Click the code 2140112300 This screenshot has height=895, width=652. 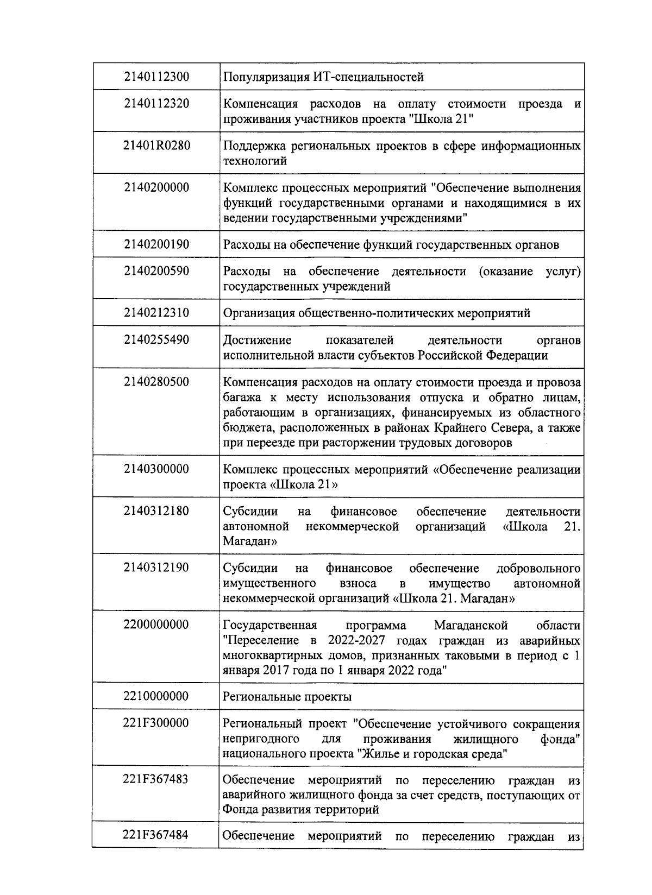[x=156, y=77]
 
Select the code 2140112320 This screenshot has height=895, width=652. [x=156, y=103]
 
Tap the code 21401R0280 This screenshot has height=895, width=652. [x=156, y=146]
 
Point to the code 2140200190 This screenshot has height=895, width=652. [x=156, y=244]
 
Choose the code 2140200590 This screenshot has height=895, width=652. [x=156, y=271]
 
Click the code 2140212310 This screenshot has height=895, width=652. [x=156, y=313]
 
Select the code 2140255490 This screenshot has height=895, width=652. [x=156, y=340]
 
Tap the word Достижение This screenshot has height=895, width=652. [x=257, y=341]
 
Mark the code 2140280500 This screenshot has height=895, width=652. [x=156, y=382]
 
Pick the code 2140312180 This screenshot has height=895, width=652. [x=156, y=511]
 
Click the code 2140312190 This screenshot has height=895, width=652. [x=156, y=568]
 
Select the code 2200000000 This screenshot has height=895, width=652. [x=156, y=625]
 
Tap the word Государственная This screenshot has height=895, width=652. [x=270, y=625]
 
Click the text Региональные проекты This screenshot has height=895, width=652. [x=287, y=697]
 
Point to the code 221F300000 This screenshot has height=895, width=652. [x=156, y=723]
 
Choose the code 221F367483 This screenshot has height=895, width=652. [x=156, y=779]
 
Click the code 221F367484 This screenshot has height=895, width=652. [x=156, y=835]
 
